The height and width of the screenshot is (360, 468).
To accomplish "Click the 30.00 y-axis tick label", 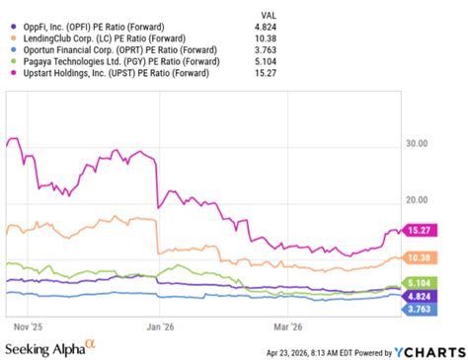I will (417, 144).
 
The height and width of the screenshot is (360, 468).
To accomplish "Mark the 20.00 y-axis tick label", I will (417, 201).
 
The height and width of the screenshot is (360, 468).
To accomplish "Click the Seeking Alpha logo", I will (49, 348).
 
